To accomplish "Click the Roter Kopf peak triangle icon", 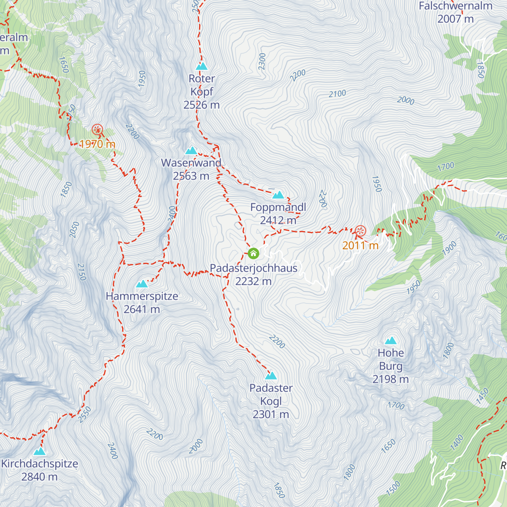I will point(202,66).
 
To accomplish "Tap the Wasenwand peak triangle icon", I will point(191,151).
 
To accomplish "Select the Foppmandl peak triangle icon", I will point(278,195).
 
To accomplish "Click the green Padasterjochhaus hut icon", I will point(253,253).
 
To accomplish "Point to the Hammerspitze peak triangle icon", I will point(142,284).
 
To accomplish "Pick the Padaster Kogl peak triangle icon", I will point(271,376).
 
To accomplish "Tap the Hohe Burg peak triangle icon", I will point(390,341).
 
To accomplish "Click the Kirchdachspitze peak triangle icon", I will point(39,452).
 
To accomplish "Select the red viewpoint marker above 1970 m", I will point(97,130).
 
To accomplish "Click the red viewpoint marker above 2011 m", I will point(360,231).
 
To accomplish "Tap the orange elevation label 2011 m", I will point(360,245).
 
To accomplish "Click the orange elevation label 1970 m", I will point(97,144).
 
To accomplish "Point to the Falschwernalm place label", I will point(455,6).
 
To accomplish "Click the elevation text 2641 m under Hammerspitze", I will point(142,309).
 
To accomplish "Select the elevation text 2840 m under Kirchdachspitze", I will point(39,477).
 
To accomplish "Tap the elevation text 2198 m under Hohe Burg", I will point(390,379).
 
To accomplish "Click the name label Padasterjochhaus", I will point(253,268).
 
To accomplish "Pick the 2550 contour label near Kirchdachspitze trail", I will point(85,414).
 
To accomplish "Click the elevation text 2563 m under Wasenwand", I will point(191,176).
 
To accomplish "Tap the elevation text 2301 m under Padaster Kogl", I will point(271,414).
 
